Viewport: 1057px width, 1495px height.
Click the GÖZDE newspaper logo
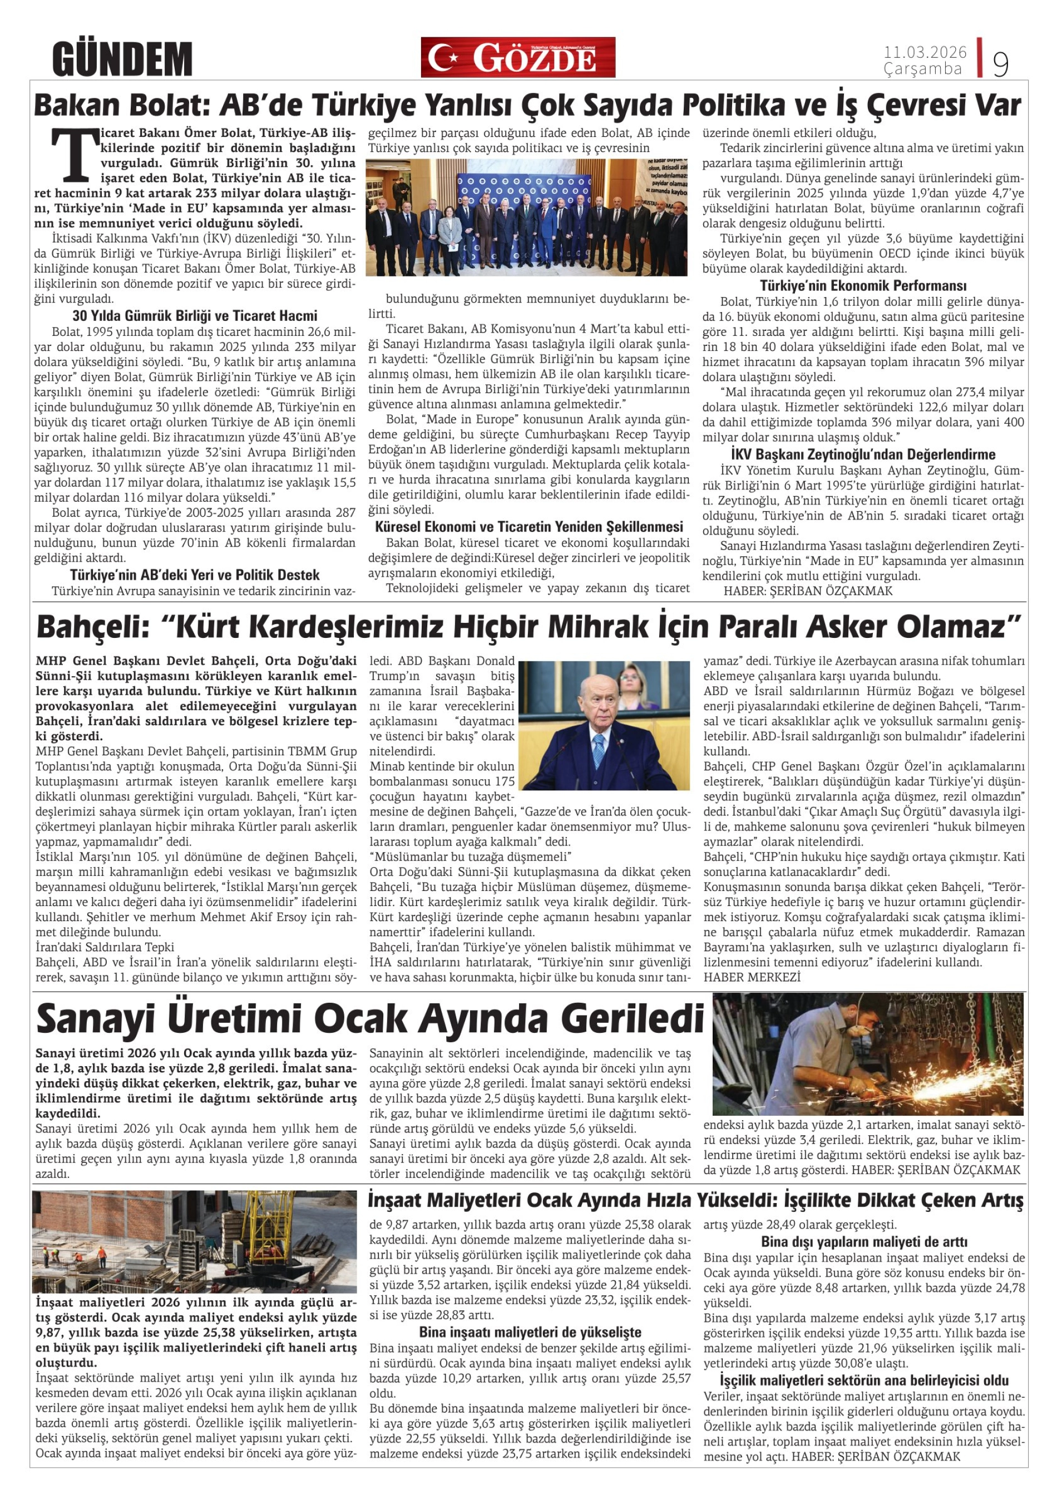coord(517,57)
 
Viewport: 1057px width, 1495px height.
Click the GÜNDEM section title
coord(122,60)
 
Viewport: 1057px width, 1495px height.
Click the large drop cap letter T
coord(72,154)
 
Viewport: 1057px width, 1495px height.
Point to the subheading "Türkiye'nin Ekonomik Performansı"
coord(863,286)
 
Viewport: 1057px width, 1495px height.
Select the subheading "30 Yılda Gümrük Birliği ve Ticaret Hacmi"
coord(195,316)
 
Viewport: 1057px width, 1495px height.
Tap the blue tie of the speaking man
coord(598,751)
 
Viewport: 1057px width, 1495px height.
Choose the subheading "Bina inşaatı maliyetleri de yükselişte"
coord(530,1332)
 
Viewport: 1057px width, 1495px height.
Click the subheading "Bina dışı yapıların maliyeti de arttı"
coord(863,1242)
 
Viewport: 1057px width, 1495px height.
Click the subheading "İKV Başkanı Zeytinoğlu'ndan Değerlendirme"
coord(863,454)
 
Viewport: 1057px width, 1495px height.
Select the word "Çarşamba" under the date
coord(922,69)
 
